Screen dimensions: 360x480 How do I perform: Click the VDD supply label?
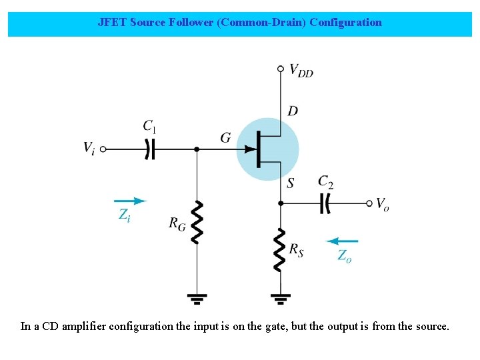(x=301, y=70)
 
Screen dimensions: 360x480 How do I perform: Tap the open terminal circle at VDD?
(x=281, y=68)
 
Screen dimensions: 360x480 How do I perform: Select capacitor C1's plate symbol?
(x=150, y=149)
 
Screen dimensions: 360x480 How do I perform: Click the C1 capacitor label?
(x=150, y=126)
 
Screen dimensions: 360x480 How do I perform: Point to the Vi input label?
(x=89, y=148)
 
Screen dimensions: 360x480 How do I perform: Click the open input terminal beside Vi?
(x=103, y=149)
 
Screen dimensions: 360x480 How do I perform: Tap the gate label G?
(x=226, y=138)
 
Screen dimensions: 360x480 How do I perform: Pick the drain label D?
(x=292, y=111)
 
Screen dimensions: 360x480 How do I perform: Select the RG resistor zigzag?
(x=197, y=222)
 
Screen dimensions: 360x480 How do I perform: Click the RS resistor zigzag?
(x=281, y=249)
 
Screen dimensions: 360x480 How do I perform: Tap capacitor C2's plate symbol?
(x=325, y=203)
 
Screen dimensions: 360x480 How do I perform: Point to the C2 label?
(x=326, y=181)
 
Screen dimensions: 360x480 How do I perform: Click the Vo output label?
(x=382, y=204)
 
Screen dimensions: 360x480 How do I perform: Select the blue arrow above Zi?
(x=130, y=200)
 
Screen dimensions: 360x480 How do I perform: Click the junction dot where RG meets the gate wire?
(x=197, y=149)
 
